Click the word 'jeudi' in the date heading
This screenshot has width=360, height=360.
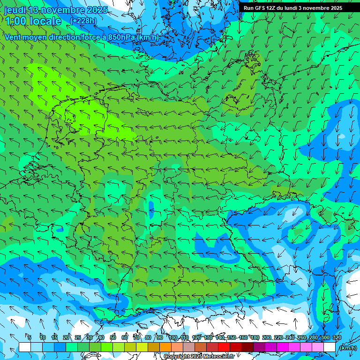tap(15, 10)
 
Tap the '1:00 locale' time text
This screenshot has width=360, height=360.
tap(33, 21)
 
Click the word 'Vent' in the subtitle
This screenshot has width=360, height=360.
tap(13, 37)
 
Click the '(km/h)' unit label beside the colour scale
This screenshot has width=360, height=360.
tap(347, 348)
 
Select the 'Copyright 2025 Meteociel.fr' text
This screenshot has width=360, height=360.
tap(199, 357)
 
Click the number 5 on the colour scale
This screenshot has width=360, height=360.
tap(30, 337)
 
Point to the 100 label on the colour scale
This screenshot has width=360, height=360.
tap(173, 337)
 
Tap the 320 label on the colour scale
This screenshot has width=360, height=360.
tap(337, 337)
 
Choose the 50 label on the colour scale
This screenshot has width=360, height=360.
tap(113, 337)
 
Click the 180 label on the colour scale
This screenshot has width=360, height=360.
tap(255, 337)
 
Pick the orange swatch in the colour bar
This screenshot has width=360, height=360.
tap(165, 347)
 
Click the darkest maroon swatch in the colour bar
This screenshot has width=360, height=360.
tap(247, 347)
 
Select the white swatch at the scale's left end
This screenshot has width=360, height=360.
tap(25, 347)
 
